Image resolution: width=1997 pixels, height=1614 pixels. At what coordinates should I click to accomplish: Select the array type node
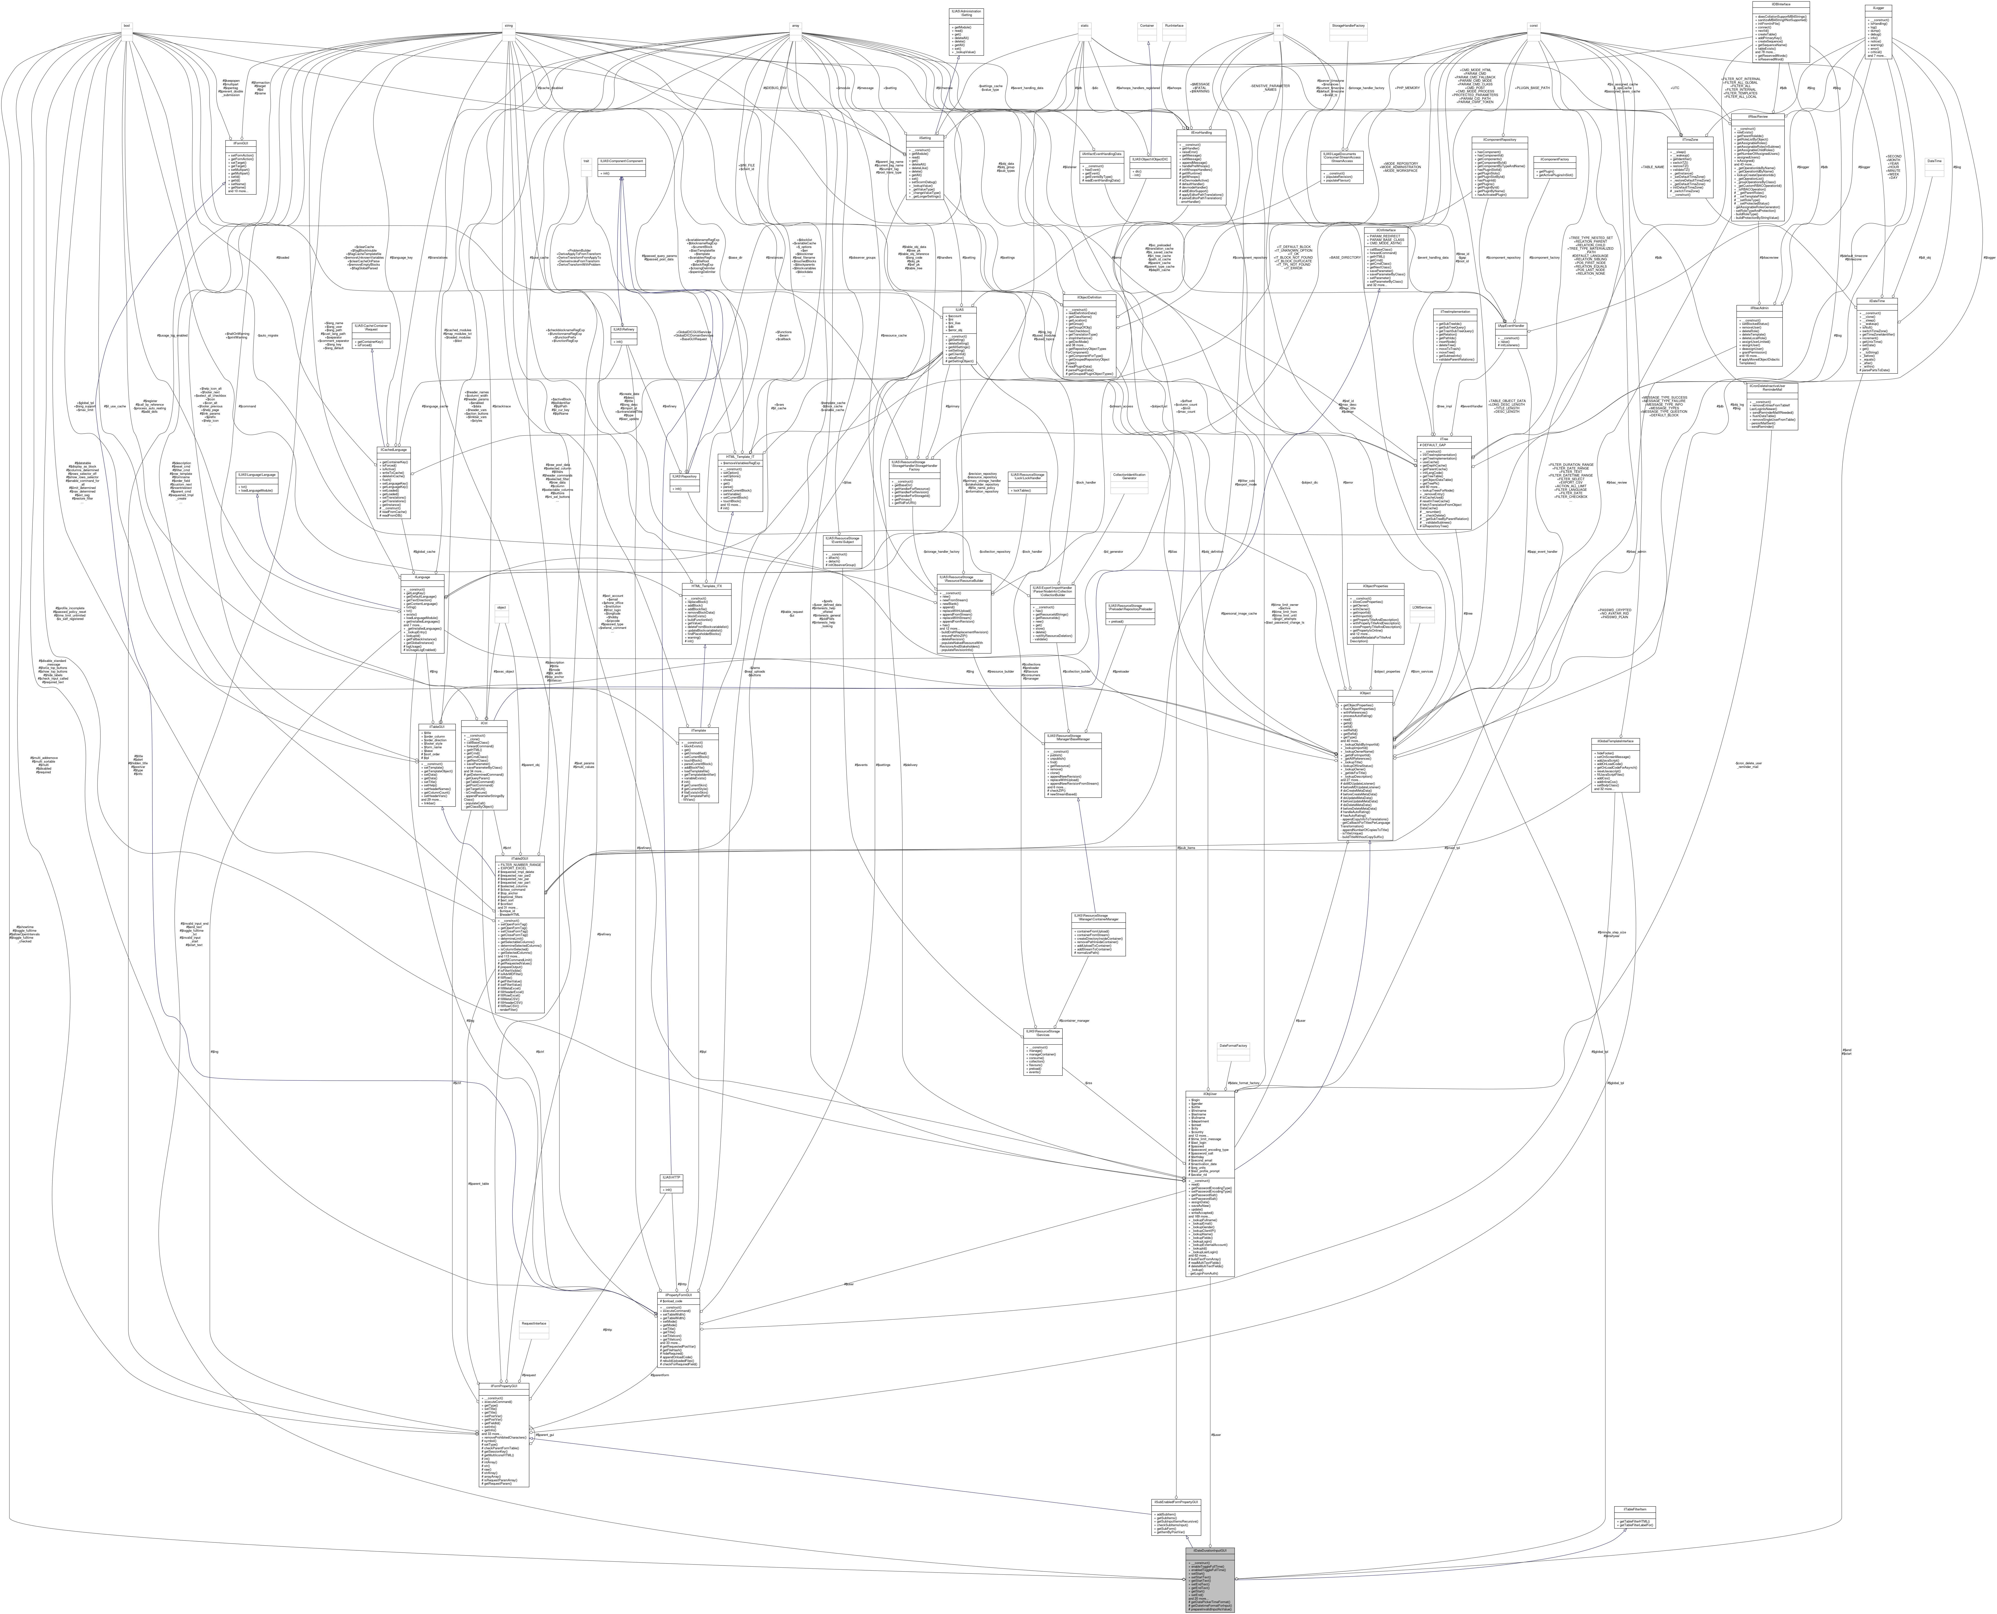pyautogui.click(x=796, y=25)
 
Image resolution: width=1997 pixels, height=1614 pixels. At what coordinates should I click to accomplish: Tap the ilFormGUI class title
pyautogui.click(x=241, y=142)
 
